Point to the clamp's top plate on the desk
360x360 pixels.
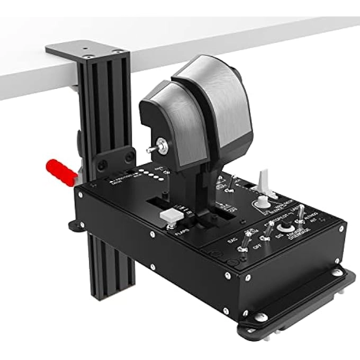click(x=87, y=51)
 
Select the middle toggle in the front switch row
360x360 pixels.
click(x=269, y=229)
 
